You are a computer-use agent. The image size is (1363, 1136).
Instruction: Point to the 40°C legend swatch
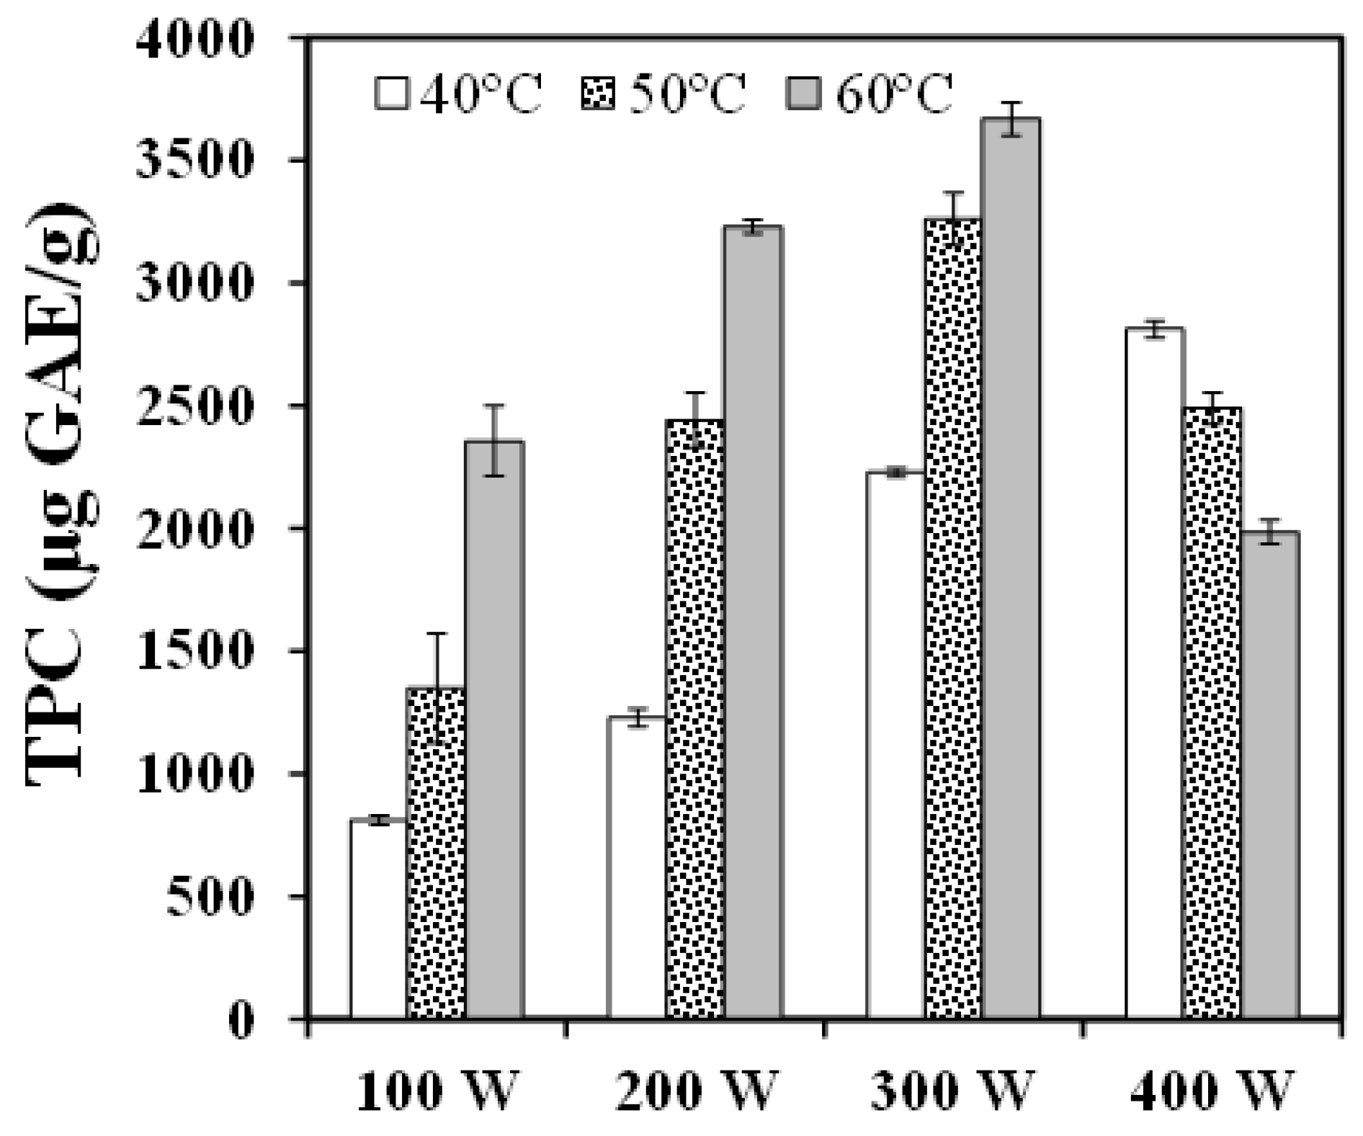[392, 94]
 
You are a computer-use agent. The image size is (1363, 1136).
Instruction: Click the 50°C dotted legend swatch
[597, 94]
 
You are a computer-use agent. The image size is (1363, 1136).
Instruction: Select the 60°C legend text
[894, 94]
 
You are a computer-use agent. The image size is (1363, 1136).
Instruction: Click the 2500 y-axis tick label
[195, 406]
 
